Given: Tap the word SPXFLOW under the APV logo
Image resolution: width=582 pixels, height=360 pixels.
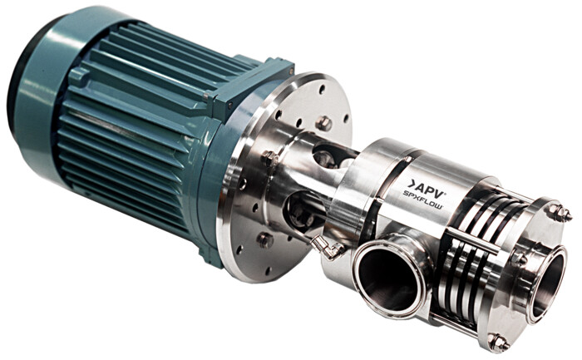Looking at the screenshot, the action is coord(422,199).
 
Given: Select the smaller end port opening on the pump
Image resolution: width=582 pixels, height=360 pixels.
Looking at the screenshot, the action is coord(547,283).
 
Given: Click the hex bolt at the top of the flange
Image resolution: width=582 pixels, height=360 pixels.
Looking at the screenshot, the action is coord(323,123).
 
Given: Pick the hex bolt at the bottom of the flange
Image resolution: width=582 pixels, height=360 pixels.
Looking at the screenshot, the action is coord(265,239).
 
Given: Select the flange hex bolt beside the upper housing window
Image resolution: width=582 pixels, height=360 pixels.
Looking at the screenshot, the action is coord(270,158).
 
